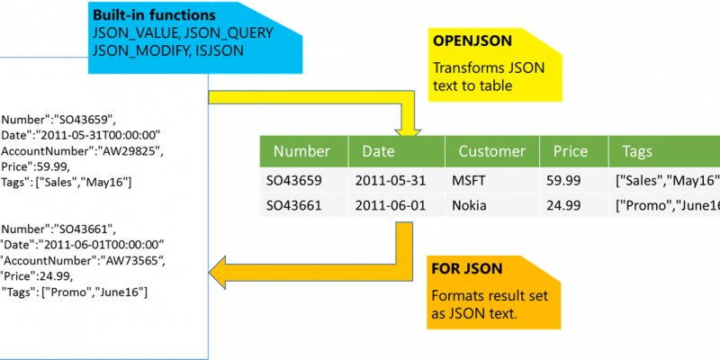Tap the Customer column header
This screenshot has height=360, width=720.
coord(492,151)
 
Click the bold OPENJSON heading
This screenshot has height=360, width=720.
coord(472,41)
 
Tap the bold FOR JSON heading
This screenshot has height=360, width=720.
coord(466,268)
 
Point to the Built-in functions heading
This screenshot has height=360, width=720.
coord(154,15)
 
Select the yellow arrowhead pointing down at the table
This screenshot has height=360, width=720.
coord(408,130)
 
